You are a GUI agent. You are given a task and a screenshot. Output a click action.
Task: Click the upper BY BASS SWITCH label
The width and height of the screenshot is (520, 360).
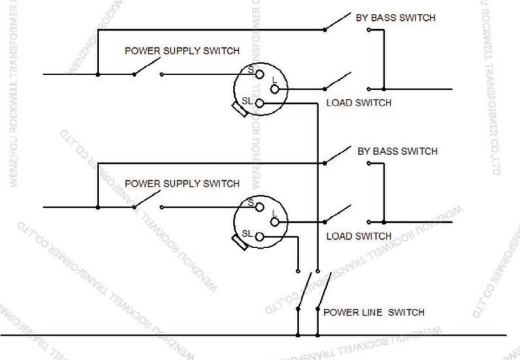(x=396, y=18)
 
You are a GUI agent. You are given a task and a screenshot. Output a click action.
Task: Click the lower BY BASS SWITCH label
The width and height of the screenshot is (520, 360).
(x=397, y=151)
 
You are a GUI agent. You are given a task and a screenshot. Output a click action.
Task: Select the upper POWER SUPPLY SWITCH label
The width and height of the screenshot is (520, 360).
(x=182, y=51)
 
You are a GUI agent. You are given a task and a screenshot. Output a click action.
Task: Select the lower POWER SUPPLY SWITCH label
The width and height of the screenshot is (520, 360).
(x=182, y=183)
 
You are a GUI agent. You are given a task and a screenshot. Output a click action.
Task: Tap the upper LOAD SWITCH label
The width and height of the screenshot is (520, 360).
(x=359, y=103)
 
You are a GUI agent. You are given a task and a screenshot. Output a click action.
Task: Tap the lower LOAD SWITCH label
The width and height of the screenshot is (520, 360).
(x=359, y=236)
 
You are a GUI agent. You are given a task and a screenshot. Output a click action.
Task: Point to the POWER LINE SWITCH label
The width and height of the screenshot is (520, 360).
(x=374, y=312)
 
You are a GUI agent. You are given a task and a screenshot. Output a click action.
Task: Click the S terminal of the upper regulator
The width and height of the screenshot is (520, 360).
(x=260, y=74)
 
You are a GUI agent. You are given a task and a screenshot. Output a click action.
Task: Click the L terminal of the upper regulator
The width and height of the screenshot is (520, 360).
(x=274, y=89)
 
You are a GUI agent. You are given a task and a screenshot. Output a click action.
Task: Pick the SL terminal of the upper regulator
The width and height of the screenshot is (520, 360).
(x=260, y=104)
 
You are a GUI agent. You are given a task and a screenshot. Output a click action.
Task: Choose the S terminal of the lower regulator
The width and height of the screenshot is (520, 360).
(x=260, y=207)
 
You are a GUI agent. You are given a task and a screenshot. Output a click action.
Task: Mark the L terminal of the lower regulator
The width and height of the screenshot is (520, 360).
(x=274, y=222)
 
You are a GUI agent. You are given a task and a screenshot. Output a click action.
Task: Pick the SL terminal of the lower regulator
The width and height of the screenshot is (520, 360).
(x=260, y=237)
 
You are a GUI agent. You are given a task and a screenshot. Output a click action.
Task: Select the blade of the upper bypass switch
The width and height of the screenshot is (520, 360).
(x=337, y=22)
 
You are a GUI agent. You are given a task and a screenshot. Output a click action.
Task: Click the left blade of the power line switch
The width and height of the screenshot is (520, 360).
(x=305, y=291)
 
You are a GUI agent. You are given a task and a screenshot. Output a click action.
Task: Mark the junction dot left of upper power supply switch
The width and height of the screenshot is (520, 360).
(x=98, y=75)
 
